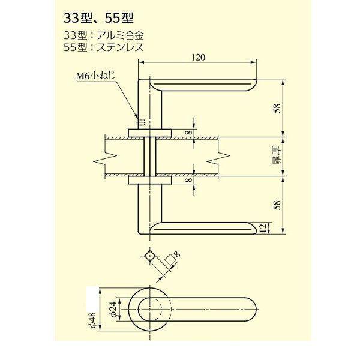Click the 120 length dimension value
[x=199, y=58]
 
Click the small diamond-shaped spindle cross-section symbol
[x=149, y=256]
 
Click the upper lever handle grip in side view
[x=204, y=85]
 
